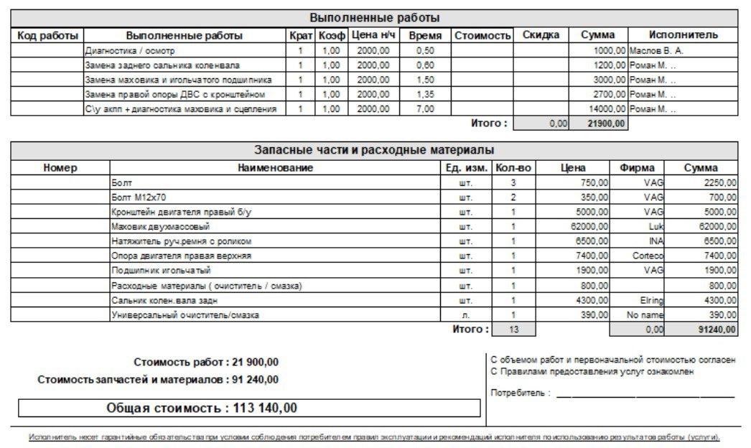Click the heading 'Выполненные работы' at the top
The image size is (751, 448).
point(374,18)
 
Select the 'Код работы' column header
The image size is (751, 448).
point(47,35)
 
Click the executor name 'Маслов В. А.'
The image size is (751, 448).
point(656,51)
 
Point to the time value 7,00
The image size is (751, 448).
point(425,108)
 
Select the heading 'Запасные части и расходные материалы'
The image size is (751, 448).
point(374,151)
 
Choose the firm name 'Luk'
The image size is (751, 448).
point(654,226)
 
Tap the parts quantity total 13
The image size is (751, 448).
point(513,330)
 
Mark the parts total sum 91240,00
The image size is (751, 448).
point(718,330)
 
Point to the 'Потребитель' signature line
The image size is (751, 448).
point(644,395)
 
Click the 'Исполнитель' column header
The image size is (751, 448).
point(683,35)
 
